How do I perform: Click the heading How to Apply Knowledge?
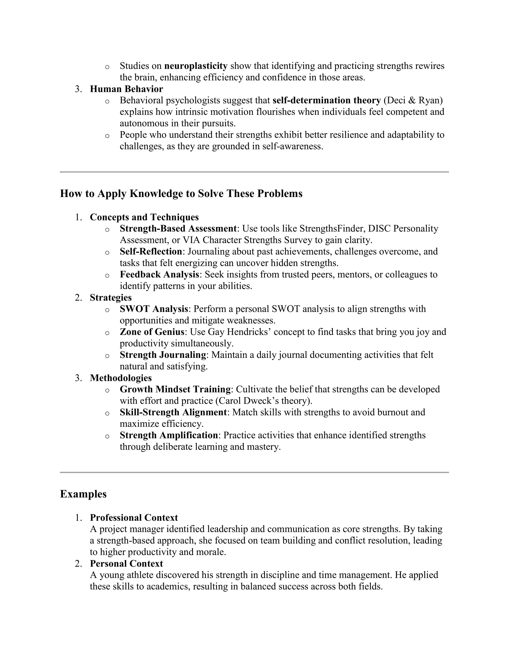(181, 193)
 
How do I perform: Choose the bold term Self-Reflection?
(151, 252)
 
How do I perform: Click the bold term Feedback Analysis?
(159, 275)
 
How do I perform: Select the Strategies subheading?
(111, 297)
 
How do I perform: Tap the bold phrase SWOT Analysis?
(154, 309)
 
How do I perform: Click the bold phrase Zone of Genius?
(152, 332)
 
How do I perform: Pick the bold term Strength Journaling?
(163, 355)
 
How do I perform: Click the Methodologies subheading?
(121, 378)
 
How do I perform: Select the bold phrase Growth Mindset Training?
(175, 389)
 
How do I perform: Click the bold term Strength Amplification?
(169, 435)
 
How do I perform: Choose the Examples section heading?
(83, 494)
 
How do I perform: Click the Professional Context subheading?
(134, 518)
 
